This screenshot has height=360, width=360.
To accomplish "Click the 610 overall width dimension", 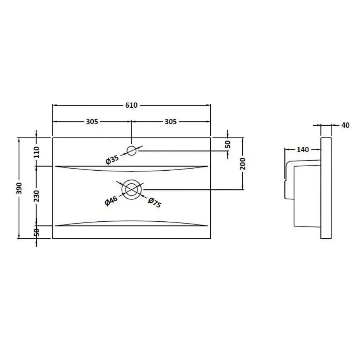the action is click(x=131, y=105).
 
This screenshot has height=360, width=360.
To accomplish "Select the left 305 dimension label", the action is click(x=92, y=121).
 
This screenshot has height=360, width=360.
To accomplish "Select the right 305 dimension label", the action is click(x=171, y=121).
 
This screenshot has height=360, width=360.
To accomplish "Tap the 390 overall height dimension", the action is click(x=19, y=188).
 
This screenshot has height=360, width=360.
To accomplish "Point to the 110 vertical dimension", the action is click(x=37, y=152).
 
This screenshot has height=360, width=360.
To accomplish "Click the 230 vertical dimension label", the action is click(x=37, y=196).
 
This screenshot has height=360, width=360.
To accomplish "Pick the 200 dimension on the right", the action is click(x=243, y=164).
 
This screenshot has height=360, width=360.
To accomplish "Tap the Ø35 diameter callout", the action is click(x=112, y=160).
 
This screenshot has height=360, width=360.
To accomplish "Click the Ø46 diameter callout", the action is click(x=111, y=201).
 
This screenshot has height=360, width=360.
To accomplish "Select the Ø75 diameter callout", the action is click(x=155, y=202).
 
